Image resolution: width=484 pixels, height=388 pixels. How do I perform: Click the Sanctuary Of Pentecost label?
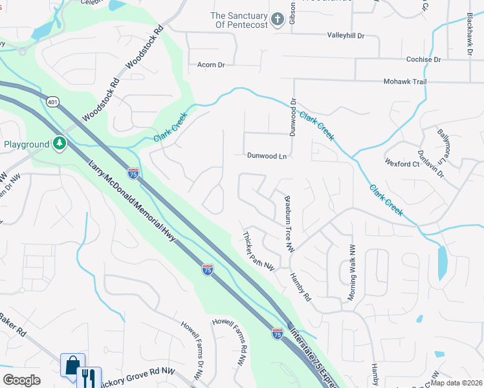239,20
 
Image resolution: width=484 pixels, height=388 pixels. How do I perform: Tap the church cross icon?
277,19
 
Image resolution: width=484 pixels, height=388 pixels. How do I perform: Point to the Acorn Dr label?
211,65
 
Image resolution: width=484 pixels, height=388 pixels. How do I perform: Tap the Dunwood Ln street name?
267,156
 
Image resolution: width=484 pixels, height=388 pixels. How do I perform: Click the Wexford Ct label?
402,164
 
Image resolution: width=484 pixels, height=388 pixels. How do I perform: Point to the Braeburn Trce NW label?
289,224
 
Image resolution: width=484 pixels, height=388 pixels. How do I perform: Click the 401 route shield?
53,102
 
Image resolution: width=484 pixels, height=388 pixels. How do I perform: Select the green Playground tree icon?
60,142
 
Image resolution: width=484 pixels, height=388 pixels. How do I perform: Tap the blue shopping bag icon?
72,365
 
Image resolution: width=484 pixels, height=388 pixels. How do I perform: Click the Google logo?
21,380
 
